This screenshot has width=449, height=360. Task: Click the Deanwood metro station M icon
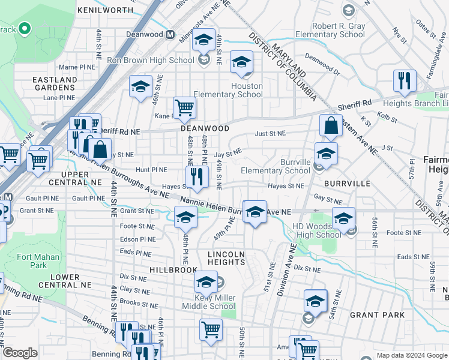pyautogui.click(x=170, y=35)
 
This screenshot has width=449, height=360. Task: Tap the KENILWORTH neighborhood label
pyautogui.click(x=105, y=11)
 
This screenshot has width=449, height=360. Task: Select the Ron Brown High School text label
pyautogui.click(x=150, y=60)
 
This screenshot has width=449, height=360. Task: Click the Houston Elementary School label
pyautogui.click(x=247, y=90)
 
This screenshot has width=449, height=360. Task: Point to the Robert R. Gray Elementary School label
pyautogui.click(x=339, y=30)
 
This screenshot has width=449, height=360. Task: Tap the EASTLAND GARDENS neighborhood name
pyautogui.click(x=55, y=83)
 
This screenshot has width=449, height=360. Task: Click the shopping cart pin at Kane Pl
pyautogui.click(x=185, y=108)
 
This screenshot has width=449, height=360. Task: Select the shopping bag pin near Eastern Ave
pyautogui.click(x=331, y=126)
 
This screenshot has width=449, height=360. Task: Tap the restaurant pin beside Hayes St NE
pyautogui.click(x=196, y=176)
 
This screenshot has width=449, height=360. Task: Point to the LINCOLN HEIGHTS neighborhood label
pyautogui.click(x=226, y=258)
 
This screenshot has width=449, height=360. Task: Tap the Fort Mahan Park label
pyautogui.click(x=32, y=261)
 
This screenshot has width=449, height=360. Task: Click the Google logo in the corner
pyautogui.click(x=20, y=353)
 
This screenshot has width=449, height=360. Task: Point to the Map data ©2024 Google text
pyautogui.click(x=412, y=355)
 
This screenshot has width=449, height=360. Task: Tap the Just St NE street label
pyautogui.click(x=270, y=133)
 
